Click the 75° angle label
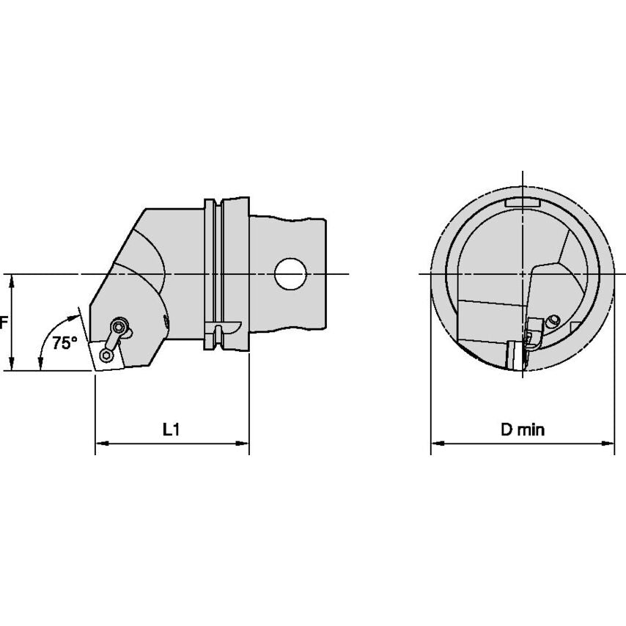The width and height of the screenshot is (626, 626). tap(65, 342)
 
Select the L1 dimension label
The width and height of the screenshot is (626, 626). tap(172, 430)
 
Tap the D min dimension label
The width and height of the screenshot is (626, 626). tap(522, 430)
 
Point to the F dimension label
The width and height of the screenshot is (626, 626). tap(3, 322)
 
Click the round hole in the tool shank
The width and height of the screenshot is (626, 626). tap(290, 274)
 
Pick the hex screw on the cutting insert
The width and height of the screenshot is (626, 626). tap(106, 356)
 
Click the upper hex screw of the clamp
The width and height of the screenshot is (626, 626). tap(119, 327)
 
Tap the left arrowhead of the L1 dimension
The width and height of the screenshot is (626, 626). tap(102, 443)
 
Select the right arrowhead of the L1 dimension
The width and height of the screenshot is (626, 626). tap(243, 443)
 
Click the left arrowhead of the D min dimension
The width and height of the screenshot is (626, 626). tap(438, 443)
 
